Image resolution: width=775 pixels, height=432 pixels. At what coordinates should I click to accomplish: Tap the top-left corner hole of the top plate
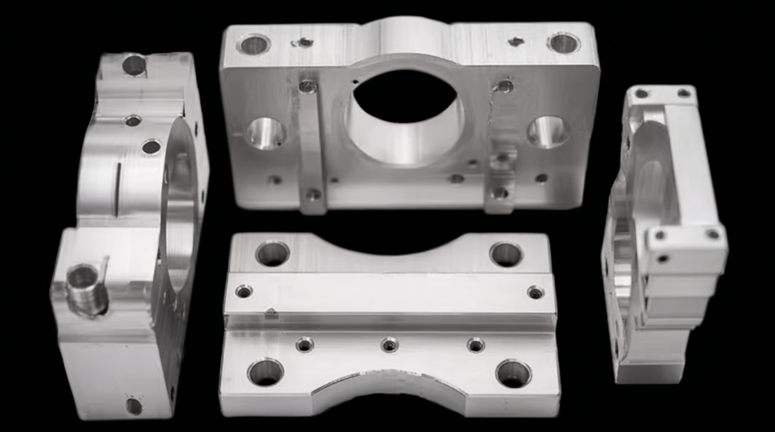pyautogui.click(x=254, y=44)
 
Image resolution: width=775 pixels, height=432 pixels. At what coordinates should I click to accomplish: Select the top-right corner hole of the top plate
pyautogui.click(x=563, y=42)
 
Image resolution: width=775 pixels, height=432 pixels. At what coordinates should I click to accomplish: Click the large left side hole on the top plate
pyautogui.click(x=266, y=133)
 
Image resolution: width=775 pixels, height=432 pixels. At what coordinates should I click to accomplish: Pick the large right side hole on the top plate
pyautogui.click(x=548, y=132)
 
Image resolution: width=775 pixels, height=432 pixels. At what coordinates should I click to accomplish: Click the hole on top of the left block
pyautogui.click(x=134, y=65)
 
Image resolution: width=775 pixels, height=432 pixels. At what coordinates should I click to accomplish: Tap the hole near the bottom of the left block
pyautogui.click(x=134, y=406)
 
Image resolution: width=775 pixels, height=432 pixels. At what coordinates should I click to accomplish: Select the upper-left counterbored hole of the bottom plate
pyautogui.click(x=272, y=253)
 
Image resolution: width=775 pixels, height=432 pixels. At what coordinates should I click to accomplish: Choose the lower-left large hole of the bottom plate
pyautogui.click(x=265, y=372)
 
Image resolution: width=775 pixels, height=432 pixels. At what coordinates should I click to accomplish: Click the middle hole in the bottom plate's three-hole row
pyautogui.click(x=389, y=345)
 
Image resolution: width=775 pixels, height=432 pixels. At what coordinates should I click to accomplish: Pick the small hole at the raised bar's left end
pyautogui.click(x=244, y=291)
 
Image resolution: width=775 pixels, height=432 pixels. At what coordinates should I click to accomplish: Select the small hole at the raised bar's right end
pyautogui.click(x=536, y=292)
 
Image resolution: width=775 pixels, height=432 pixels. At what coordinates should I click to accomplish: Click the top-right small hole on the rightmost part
pyautogui.click(x=683, y=93)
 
